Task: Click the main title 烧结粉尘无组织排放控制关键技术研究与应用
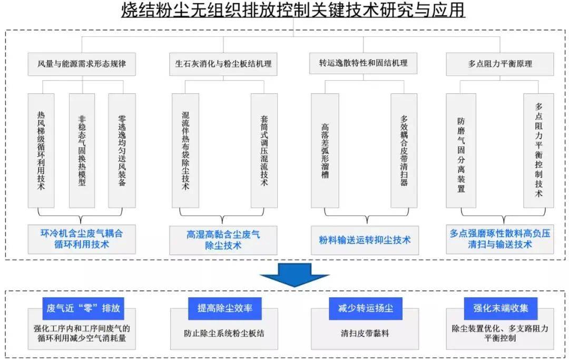293,10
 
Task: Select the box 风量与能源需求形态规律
82,64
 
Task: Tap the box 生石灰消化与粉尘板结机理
223,64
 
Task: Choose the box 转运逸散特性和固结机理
363,63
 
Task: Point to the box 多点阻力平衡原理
500,64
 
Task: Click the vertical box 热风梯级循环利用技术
41,151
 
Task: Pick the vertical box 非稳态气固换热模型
82,151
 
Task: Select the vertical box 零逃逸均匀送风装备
122,151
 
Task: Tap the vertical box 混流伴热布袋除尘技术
185,151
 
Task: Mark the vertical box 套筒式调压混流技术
264,151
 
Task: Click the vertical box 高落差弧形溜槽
325,151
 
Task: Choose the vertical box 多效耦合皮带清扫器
404,151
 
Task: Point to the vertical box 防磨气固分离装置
461,151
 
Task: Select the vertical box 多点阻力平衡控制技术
539,151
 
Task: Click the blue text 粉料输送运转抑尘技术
365,240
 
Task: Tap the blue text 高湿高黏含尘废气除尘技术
223,240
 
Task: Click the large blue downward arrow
295,275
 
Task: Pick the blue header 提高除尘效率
225,308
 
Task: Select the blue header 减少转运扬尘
366,308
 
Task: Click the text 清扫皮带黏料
365,333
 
